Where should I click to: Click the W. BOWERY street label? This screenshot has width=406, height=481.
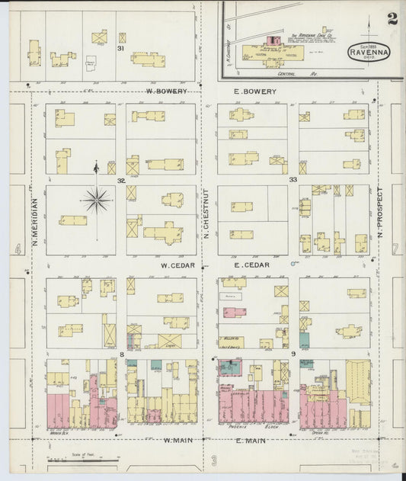click(167, 91)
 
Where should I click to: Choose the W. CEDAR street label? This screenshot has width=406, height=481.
click(177, 265)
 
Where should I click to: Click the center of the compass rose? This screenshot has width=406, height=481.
click(96, 201)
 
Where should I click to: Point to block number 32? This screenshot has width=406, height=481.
click(121, 181)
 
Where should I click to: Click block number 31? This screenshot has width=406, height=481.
click(120, 48)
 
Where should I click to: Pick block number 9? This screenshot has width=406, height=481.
click(293, 354)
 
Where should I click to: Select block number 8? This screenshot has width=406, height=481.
click(121, 354)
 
